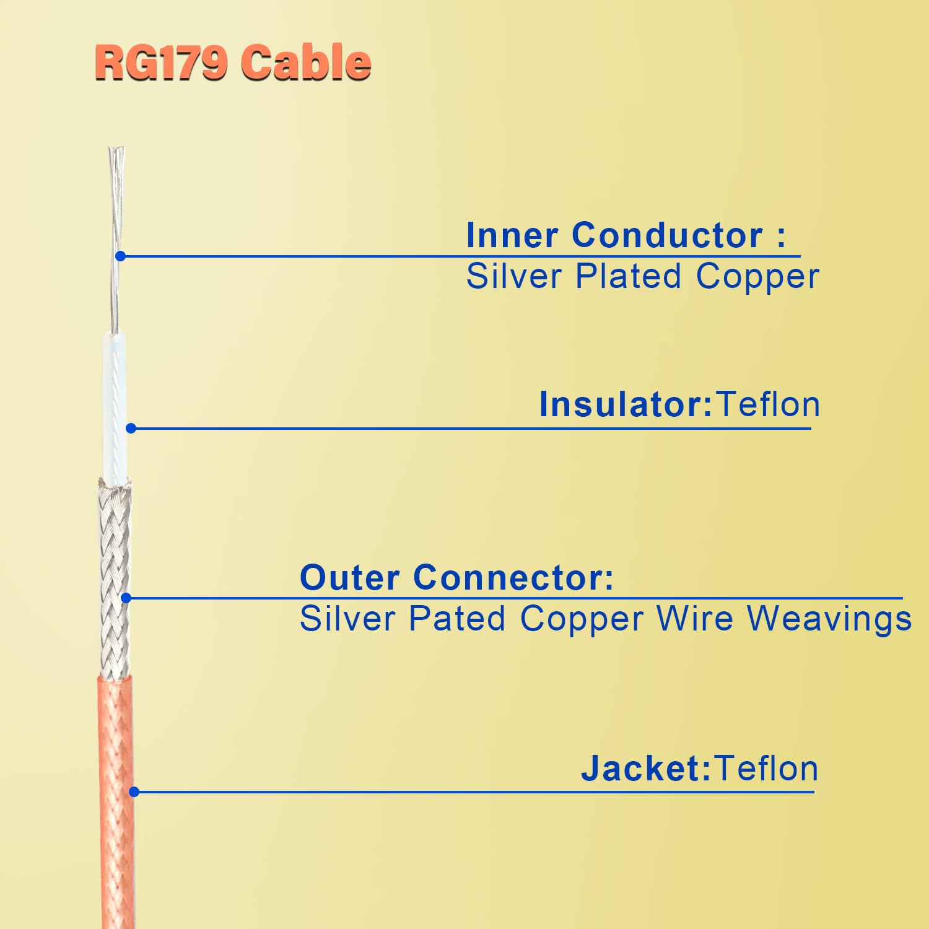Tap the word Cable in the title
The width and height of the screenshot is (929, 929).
point(306,63)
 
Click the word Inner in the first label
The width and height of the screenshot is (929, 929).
point(512,235)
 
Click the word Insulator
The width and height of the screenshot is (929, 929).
point(626,405)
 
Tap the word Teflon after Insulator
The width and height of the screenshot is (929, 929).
point(768,405)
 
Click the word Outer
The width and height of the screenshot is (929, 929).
point(349,578)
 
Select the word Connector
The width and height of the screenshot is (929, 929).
point(513,578)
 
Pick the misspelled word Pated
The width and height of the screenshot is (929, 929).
point(457,619)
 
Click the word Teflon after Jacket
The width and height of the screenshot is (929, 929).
point(766,769)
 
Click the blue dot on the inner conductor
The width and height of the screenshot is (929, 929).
point(121,256)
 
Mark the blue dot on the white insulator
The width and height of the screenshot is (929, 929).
point(131,428)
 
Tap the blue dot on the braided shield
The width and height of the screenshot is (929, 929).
point(126,598)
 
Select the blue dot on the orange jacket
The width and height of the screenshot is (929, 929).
point(134,792)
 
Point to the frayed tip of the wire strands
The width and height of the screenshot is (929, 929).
point(116,155)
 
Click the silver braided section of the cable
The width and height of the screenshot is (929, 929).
point(115,557)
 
